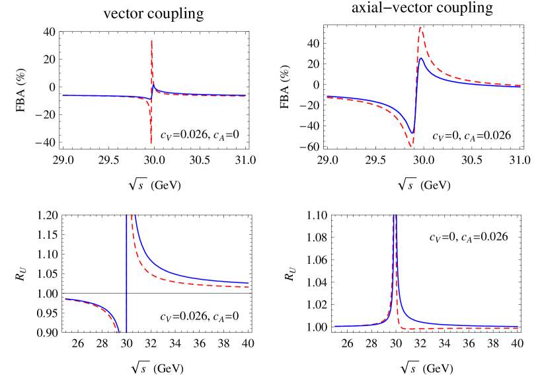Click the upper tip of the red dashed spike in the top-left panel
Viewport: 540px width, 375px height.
(x=152, y=41)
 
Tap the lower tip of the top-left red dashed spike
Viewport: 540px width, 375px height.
(x=151, y=143)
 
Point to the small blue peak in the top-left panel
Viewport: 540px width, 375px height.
(x=153, y=87)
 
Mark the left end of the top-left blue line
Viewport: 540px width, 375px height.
(x=63, y=96)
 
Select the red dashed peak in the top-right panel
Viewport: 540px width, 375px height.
(x=420, y=27)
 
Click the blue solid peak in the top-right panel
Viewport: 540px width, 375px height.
(x=420, y=58)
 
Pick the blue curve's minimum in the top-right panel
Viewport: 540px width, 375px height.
(x=413, y=134)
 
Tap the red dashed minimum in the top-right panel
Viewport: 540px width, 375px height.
(x=411, y=147)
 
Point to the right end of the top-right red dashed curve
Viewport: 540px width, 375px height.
(x=521, y=85)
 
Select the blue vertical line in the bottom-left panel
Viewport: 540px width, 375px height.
(x=126, y=271)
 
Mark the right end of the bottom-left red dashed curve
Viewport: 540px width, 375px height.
(x=249, y=286)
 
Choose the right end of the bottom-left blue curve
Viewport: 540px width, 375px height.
(x=249, y=282)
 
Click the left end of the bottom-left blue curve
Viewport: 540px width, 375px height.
(x=65, y=299)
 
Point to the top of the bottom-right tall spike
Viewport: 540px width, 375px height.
(x=395, y=216)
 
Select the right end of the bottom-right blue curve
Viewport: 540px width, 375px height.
(x=518, y=325)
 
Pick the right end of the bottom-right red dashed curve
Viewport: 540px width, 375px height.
(x=518, y=328)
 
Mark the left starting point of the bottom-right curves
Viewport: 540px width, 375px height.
(x=335, y=326)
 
